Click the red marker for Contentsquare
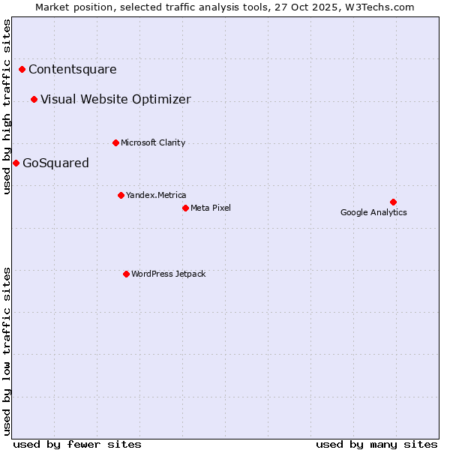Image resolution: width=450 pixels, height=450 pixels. pyautogui.click(x=22, y=70)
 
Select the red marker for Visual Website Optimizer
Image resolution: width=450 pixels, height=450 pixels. pyautogui.click(x=34, y=100)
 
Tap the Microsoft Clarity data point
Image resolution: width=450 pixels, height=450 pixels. pyautogui.click(x=115, y=142)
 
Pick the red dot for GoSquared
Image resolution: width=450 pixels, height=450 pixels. pyautogui.click(x=16, y=163)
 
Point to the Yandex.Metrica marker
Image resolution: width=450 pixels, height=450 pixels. pyautogui.click(x=121, y=195)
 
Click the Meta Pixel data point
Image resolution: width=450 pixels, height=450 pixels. pyautogui.click(x=185, y=208)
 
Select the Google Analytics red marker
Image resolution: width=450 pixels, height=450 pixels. pyautogui.click(x=393, y=202)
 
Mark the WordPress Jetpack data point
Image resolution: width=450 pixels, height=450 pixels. pyautogui.click(x=126, y=274)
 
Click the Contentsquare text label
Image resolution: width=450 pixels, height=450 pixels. pyautogui.click(x=73, y=70)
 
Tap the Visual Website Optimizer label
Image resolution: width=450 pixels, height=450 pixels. pyautogui.click(x=115, y=100)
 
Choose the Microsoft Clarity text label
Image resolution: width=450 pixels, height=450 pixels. pyautogui.click(x=153, y=142)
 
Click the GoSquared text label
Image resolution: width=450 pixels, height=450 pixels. pyautogui.click(x=55, y=163)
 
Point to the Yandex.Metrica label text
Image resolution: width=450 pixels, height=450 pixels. pyautogui.click(x=156, y=195)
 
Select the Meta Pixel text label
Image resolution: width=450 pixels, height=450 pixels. pyautogui.click(x=211, y=208)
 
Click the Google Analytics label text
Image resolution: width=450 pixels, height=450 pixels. pyautogui.click(x=373, y=212)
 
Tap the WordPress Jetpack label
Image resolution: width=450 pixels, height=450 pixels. pyautogui.click(x=168, y=274)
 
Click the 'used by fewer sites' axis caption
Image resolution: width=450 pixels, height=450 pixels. pyautogui.click(x=77, y=444)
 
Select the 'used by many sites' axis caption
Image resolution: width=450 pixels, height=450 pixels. pyautogui.click(x=376, y=444)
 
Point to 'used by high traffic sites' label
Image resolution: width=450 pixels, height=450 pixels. pyautogui.click(x=7, y=106)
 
